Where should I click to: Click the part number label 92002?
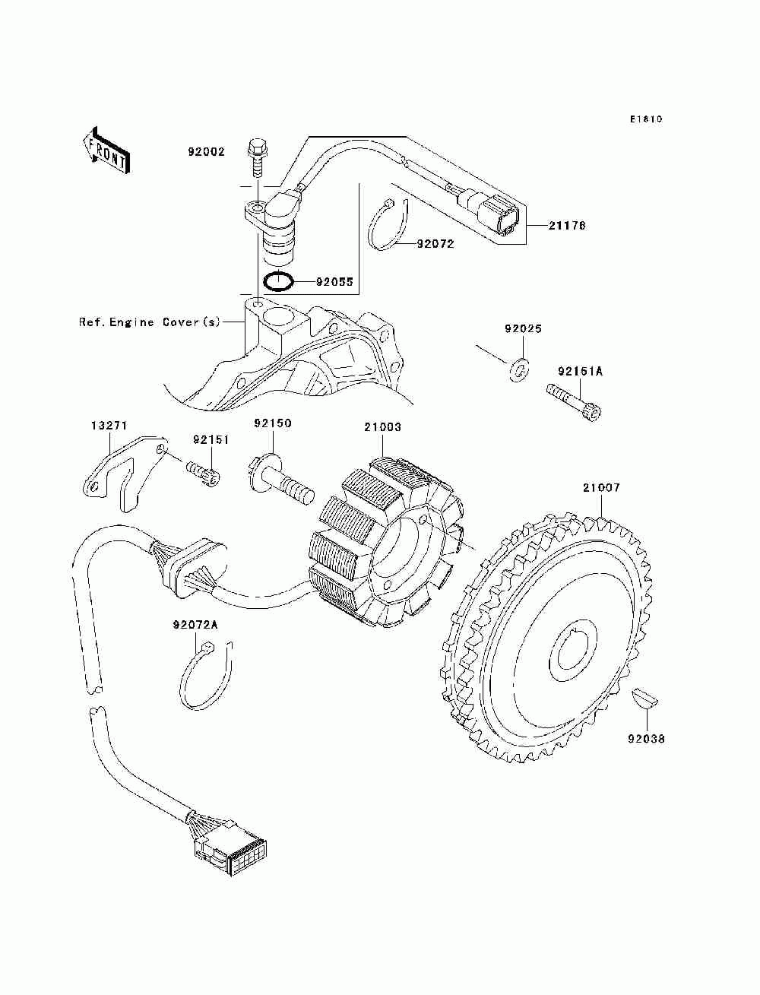(206, 151)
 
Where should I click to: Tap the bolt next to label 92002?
(257, 161)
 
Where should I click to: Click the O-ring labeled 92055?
(277, 282)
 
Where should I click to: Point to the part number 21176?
(566, 225)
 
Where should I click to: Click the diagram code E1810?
(646, 119)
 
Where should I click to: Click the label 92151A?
(580, 372)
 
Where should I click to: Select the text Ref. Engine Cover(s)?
(150, 322)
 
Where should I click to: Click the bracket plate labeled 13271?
(123, 473)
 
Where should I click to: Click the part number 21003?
(382, 426)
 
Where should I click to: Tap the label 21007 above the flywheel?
(601, 488)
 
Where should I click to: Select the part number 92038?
(646, 739)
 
